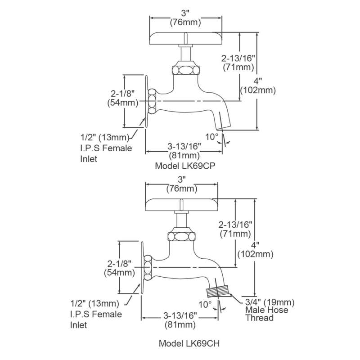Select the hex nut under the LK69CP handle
[x=185, y=70]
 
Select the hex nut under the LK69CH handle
[x=181, y=236]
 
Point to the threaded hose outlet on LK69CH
[x=217, y=287]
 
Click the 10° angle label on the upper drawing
[x=212, y=136]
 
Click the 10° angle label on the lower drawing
[x=205, y=304]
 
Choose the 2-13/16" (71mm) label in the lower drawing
[x=235, y=229]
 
